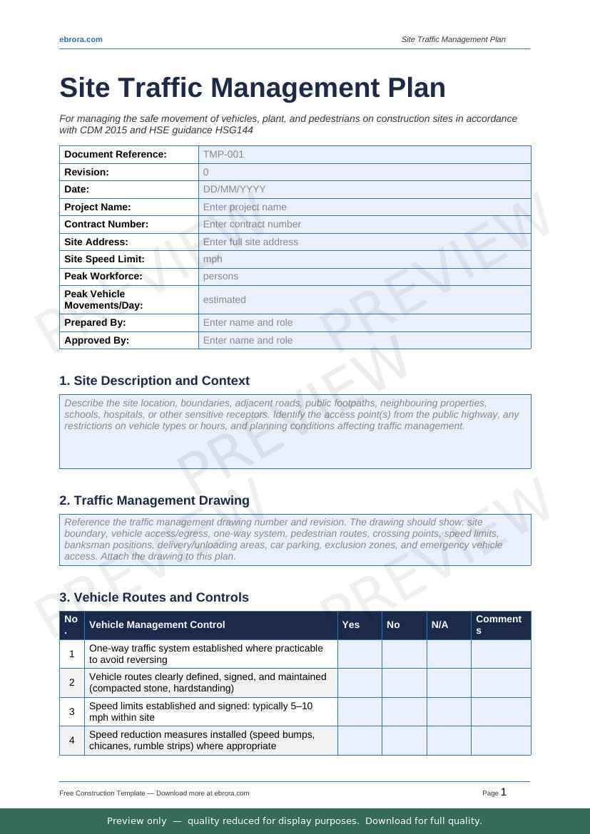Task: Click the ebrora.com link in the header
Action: (x=81, y=39)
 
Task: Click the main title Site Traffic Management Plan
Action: (x=253, y=88)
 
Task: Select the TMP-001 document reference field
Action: (x=365, y=155)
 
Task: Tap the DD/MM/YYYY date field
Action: (x=365, y=190)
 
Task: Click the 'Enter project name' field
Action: (x=365, y=207)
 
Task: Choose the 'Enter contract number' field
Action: (x=365, y=225)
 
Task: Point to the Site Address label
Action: (x=96, y=242)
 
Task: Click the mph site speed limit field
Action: (x=365, y=259)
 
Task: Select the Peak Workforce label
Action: (x=103, y=277)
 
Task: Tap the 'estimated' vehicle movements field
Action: (x=365, y=300)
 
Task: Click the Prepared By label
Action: (x=95, y=323)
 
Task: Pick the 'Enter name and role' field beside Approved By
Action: (x=365, y=341)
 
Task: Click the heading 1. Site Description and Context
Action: (x=154, y=381)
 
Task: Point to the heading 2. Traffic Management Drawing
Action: (x=154, y=500)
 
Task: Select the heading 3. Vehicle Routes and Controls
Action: (x=154, y=597)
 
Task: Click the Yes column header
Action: (x=351, y=625)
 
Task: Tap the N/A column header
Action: (x=439, y=625)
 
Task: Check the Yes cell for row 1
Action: (x=360, y=654)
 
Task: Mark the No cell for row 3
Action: (x=404, y=711)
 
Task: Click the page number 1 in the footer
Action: (x=504, y=792)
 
